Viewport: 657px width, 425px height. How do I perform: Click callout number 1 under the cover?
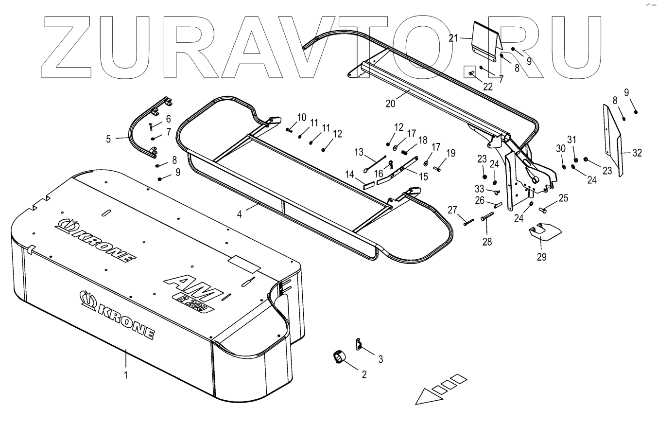point(125,375)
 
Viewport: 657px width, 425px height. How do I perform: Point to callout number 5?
point(108,139)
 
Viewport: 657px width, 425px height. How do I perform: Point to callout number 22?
point(487,87)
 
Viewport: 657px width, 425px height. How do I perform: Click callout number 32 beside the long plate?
point(637,153)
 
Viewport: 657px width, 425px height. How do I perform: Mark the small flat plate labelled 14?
point(368,184)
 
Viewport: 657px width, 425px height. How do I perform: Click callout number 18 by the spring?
point(422,140)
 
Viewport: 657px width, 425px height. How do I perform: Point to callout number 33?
point(480,189)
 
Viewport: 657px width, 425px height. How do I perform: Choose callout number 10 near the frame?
point(302,117)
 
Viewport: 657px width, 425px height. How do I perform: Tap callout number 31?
point(571,140)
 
